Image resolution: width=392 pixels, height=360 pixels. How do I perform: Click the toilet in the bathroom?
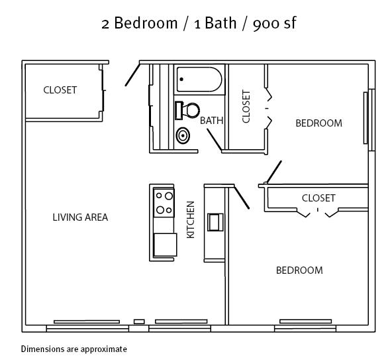187,111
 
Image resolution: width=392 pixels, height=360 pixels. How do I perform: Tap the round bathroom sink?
183,136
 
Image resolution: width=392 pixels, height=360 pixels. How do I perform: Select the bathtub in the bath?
199,80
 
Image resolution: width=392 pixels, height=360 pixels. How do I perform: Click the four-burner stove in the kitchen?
164,203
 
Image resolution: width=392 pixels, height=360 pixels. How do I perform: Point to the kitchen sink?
215,222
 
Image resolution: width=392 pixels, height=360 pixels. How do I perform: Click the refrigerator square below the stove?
166,245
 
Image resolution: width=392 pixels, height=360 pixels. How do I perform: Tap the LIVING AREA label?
80,217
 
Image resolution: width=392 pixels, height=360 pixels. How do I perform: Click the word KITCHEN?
191,219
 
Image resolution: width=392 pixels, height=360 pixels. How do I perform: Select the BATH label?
211,121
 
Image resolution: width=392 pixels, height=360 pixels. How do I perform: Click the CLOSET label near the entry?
60,90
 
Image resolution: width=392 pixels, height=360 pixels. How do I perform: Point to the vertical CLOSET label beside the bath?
246,107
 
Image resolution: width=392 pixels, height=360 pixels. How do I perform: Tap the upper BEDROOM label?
318,123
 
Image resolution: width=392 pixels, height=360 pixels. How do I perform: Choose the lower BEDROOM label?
299,270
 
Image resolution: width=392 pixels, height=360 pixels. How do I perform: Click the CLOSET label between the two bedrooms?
318,198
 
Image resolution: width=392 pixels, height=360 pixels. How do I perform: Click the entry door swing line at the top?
132,75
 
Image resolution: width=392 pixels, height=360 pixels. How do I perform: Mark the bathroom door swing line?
215,140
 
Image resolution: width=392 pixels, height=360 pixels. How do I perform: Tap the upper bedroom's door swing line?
274,172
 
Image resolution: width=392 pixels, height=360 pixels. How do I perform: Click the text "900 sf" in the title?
275,23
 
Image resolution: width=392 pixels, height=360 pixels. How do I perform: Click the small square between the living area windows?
139,322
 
